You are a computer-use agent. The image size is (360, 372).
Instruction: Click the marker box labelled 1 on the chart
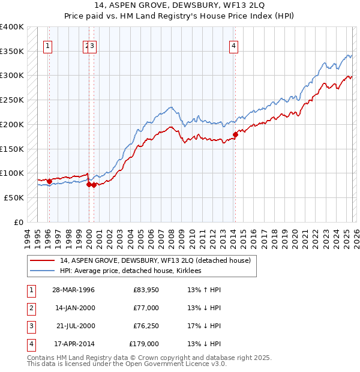[x=48, y=45]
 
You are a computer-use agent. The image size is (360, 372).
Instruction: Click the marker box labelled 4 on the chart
[x=233, y=45]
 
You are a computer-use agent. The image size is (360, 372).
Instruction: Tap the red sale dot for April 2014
[x=235, y=134]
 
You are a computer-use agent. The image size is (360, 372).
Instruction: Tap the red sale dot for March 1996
[x=49, y=181]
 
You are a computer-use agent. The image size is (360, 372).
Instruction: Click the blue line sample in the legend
[x=43, y=271]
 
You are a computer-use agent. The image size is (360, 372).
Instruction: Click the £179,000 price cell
[x=144, y=344]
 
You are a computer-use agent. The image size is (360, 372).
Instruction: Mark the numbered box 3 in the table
[x=31, y=326]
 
